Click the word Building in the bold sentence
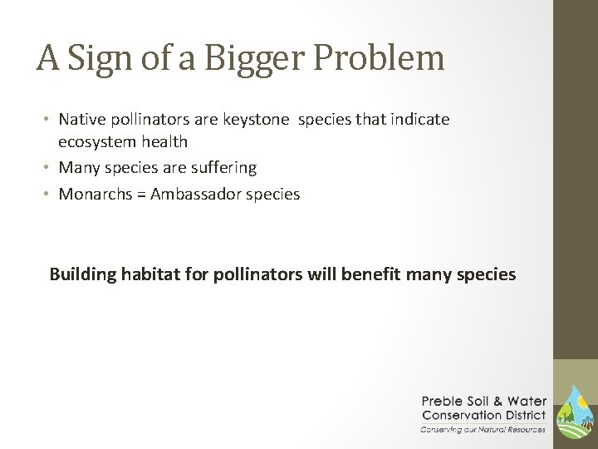pyautogui.click(x=81, y=274)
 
